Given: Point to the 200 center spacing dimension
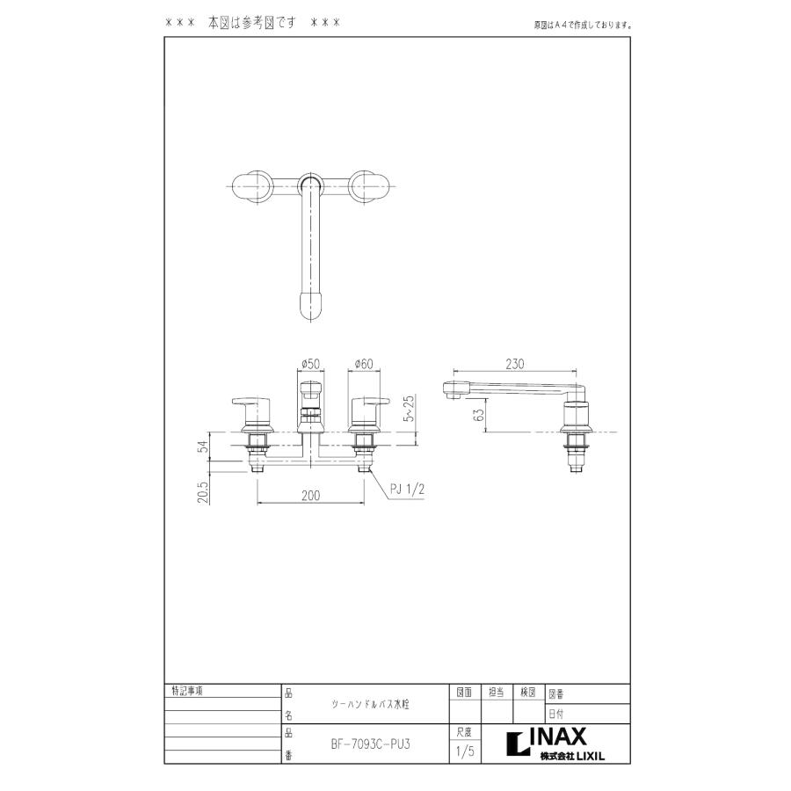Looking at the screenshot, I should tap(309, 496).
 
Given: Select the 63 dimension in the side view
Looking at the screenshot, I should tap(478, 415).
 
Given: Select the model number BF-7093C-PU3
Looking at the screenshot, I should tap(371, 742).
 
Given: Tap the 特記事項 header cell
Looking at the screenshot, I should tap(186, 691).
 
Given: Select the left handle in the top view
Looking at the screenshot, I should tap(253, 185).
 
